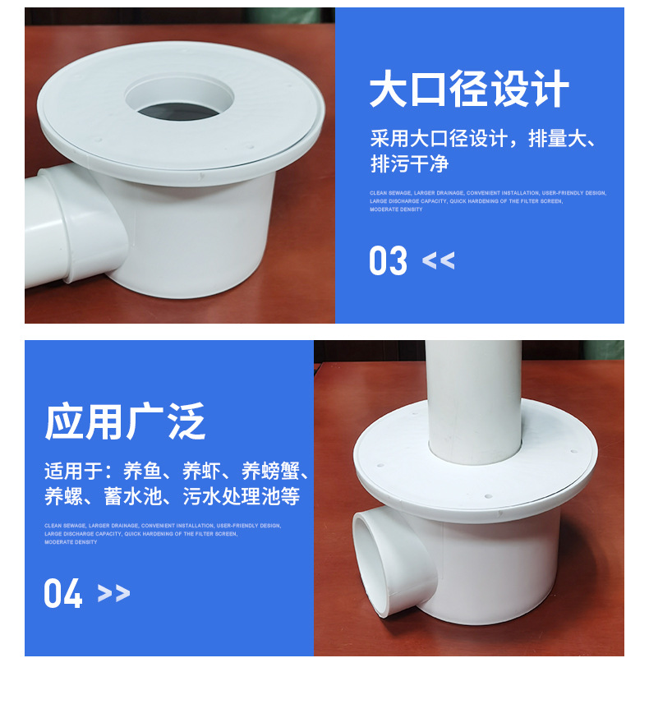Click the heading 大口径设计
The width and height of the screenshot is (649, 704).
click(x=469, y=90)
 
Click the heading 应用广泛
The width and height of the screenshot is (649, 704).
click(x=125, y=422)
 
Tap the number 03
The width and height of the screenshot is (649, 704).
click(x=388, y=261)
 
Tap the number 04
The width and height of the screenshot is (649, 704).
click(x=63, y=593)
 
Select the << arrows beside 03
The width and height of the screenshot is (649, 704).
click(x=438, y=261)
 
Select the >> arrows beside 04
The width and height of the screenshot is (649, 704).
click(x=113, y=593)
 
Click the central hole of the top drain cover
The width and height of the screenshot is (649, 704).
click(x=179, y=105)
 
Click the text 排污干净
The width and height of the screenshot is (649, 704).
click(x=409, y=163)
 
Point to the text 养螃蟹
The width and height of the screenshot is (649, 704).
click(x=270, y=472)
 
